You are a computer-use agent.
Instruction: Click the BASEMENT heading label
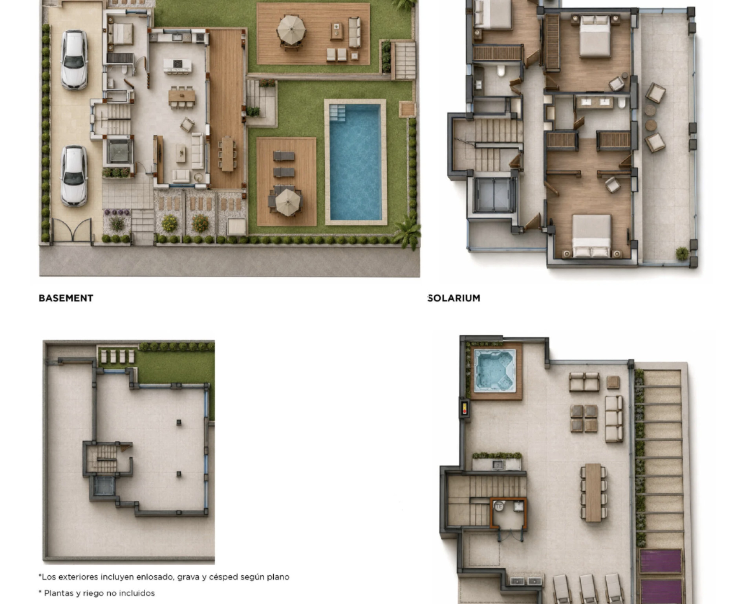tap(66, 298)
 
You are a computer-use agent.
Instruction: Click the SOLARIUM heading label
tap(454, 298)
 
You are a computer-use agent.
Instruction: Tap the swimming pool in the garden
tap(355, 162)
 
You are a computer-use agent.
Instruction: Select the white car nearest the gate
tap(74, 176)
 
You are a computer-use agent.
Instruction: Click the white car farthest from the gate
tap(74, 60)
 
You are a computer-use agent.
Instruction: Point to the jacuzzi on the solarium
tap(495, 370)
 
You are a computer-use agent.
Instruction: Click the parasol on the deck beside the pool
tap(287, 202)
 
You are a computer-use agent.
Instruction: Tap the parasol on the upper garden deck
tap(291, 30)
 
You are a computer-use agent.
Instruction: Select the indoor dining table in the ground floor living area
tap(182, 96)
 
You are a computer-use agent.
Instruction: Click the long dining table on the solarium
tap(593, 492)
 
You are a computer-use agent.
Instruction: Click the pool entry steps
tap(338, 113)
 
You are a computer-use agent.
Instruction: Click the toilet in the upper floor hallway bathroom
tap(501, 71)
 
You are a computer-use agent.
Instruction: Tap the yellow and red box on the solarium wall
tap(464, 408)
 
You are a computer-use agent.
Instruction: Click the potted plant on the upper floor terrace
tap(683, 253)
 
